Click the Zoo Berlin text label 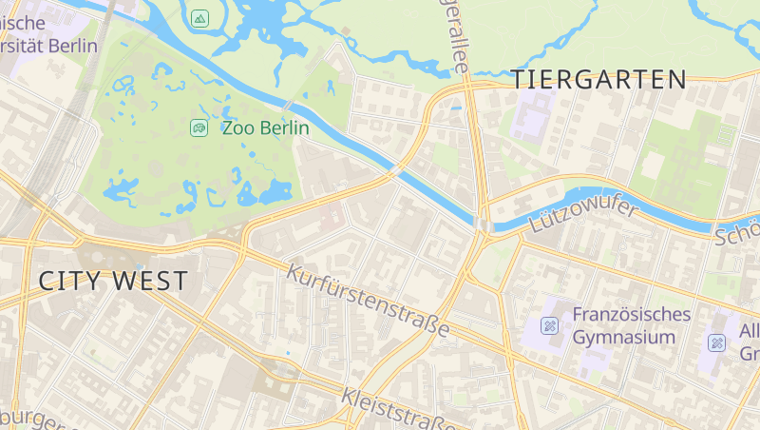(265, 127)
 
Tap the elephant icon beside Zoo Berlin (199, 127)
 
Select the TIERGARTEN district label (599, 80)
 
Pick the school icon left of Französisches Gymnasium (549, 326)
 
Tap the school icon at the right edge (717, 342)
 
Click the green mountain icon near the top (199, 18)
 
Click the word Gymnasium (624, 337)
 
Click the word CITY (69, 281)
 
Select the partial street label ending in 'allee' (454, 38)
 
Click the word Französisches (631, 314)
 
